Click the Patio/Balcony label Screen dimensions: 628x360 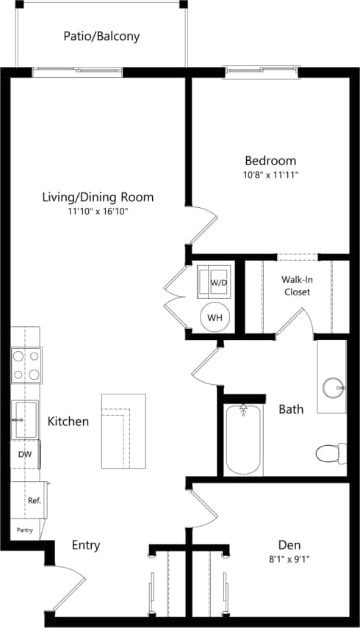pos(101,35)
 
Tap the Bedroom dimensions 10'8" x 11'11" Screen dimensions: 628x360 pos(270,176)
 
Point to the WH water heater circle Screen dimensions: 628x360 pos(215,317)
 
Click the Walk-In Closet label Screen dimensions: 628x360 pos(296,286)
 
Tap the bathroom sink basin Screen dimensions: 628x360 pos(334,385)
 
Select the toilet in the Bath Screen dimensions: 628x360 pos(331,452)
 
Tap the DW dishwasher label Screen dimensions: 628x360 pos(24,455)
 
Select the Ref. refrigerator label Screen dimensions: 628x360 pos(34,500)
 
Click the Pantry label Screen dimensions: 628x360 pos(25,529)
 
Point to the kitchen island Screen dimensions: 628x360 pos(123,431)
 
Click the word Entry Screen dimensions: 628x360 pos(85,546)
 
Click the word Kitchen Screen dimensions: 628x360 pos(68,422)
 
